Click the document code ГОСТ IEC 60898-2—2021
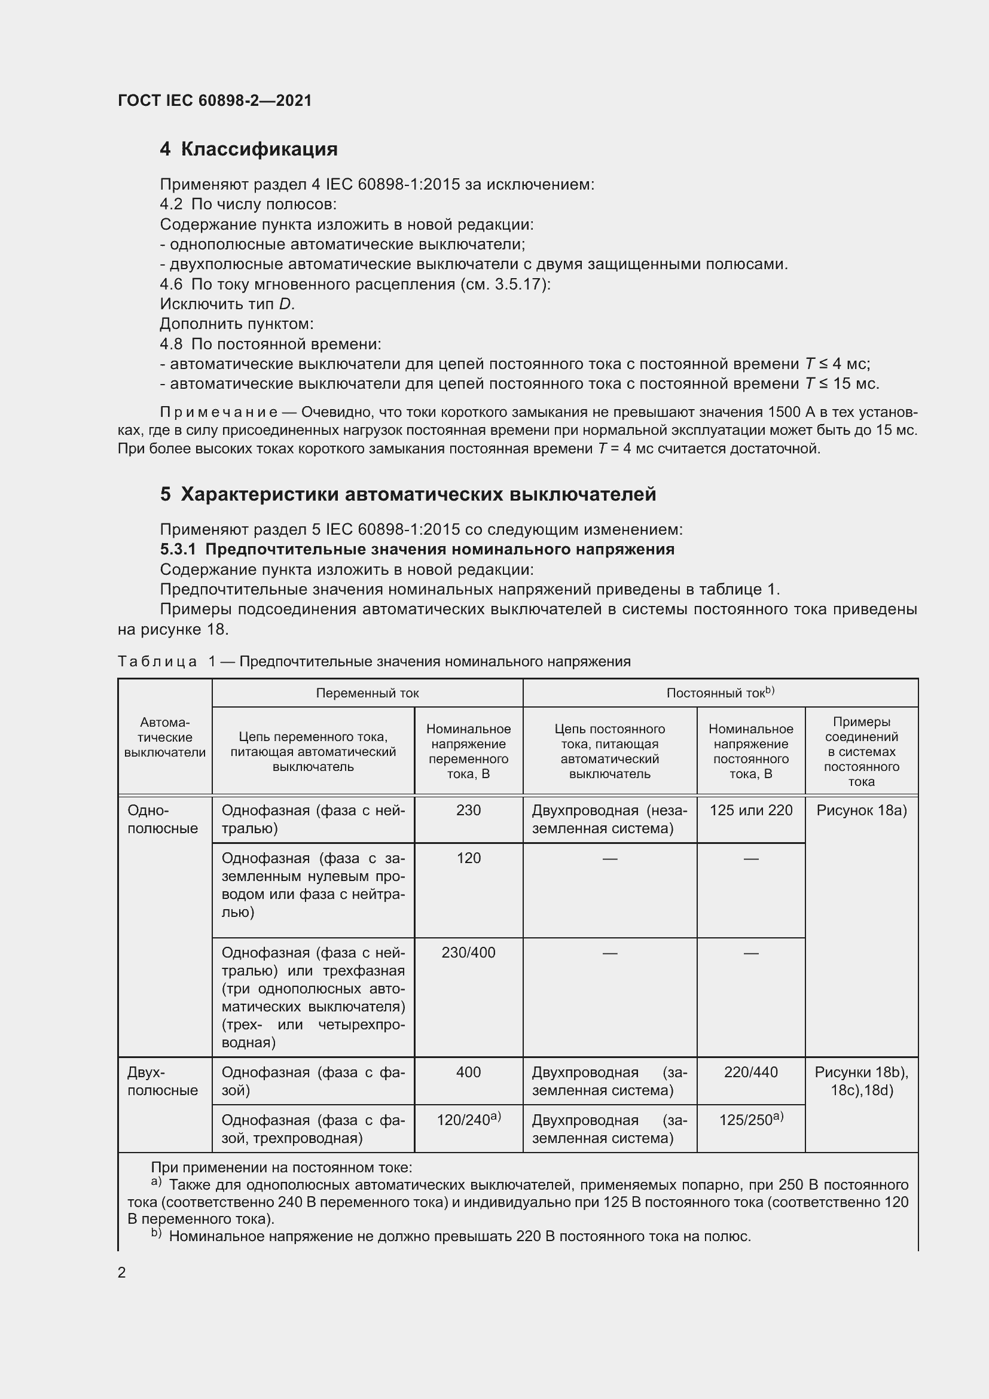[215, 100]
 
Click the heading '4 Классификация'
[249, 150]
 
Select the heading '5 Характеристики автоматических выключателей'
[408, 494]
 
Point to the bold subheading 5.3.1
[417, 550]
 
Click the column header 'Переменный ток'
[367, 693]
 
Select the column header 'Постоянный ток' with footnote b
[720, 693]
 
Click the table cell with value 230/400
[468, 952]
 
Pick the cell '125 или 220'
[751, 810]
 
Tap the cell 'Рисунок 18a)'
[861, 810]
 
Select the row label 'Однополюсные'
[163, 819]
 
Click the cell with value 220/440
[751, 1072]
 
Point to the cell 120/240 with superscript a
[468, 1119]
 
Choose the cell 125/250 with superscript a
[751, 1119]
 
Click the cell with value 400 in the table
[468, 1072]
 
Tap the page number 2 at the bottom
[122, 1273]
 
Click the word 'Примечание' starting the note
[218, 413]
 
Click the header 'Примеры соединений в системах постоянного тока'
[861, 751]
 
